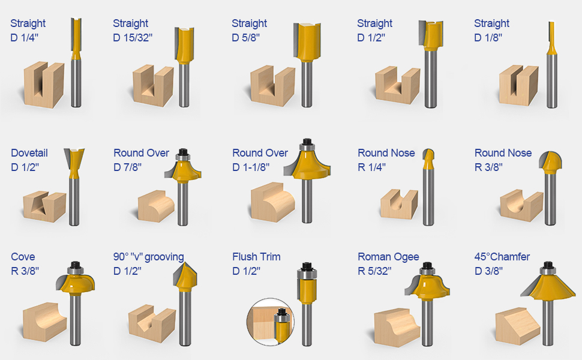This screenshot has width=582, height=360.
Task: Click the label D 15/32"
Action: click(x=133, y=38)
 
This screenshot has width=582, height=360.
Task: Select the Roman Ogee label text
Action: click(x=388, y=257)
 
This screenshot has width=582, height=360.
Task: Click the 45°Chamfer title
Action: click(x=502, y=257)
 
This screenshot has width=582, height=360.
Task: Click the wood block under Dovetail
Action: click(x=44, y=206)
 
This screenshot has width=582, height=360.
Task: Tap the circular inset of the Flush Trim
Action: click(x=271, y=320)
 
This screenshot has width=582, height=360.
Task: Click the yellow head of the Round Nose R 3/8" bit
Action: click(x=550, y=160)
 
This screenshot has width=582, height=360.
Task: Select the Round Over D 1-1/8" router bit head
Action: click(x=307, y=164)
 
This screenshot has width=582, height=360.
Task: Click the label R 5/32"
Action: click(x=374, y=271)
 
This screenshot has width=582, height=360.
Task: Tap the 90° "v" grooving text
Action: click(x=148, y=257)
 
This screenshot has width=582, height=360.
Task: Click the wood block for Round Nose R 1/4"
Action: click(x=398, y=203)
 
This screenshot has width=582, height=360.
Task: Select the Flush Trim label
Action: click(x=256, y=257)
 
